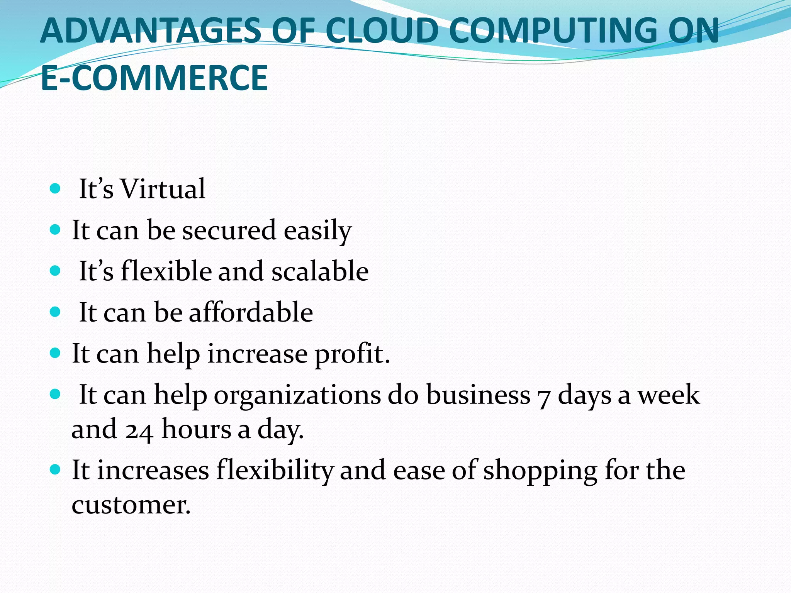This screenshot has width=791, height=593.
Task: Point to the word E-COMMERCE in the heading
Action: click(154, 78)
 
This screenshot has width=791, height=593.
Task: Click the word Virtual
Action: click(163, 189)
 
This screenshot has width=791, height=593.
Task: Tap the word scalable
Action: click(320, 271)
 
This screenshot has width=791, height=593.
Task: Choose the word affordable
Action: click(251, 312)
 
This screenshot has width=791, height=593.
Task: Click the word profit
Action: click(352, 354)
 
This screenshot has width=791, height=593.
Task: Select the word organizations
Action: click(297, 395)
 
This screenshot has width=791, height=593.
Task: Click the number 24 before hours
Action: click(139, 430)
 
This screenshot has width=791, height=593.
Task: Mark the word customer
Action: click(131, 505)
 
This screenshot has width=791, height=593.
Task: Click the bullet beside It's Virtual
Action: click(56, 189)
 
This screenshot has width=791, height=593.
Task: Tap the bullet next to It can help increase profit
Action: click(56, 353)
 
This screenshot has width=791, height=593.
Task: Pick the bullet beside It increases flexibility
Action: click(56, 470)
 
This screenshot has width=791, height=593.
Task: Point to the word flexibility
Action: click(275, 471)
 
